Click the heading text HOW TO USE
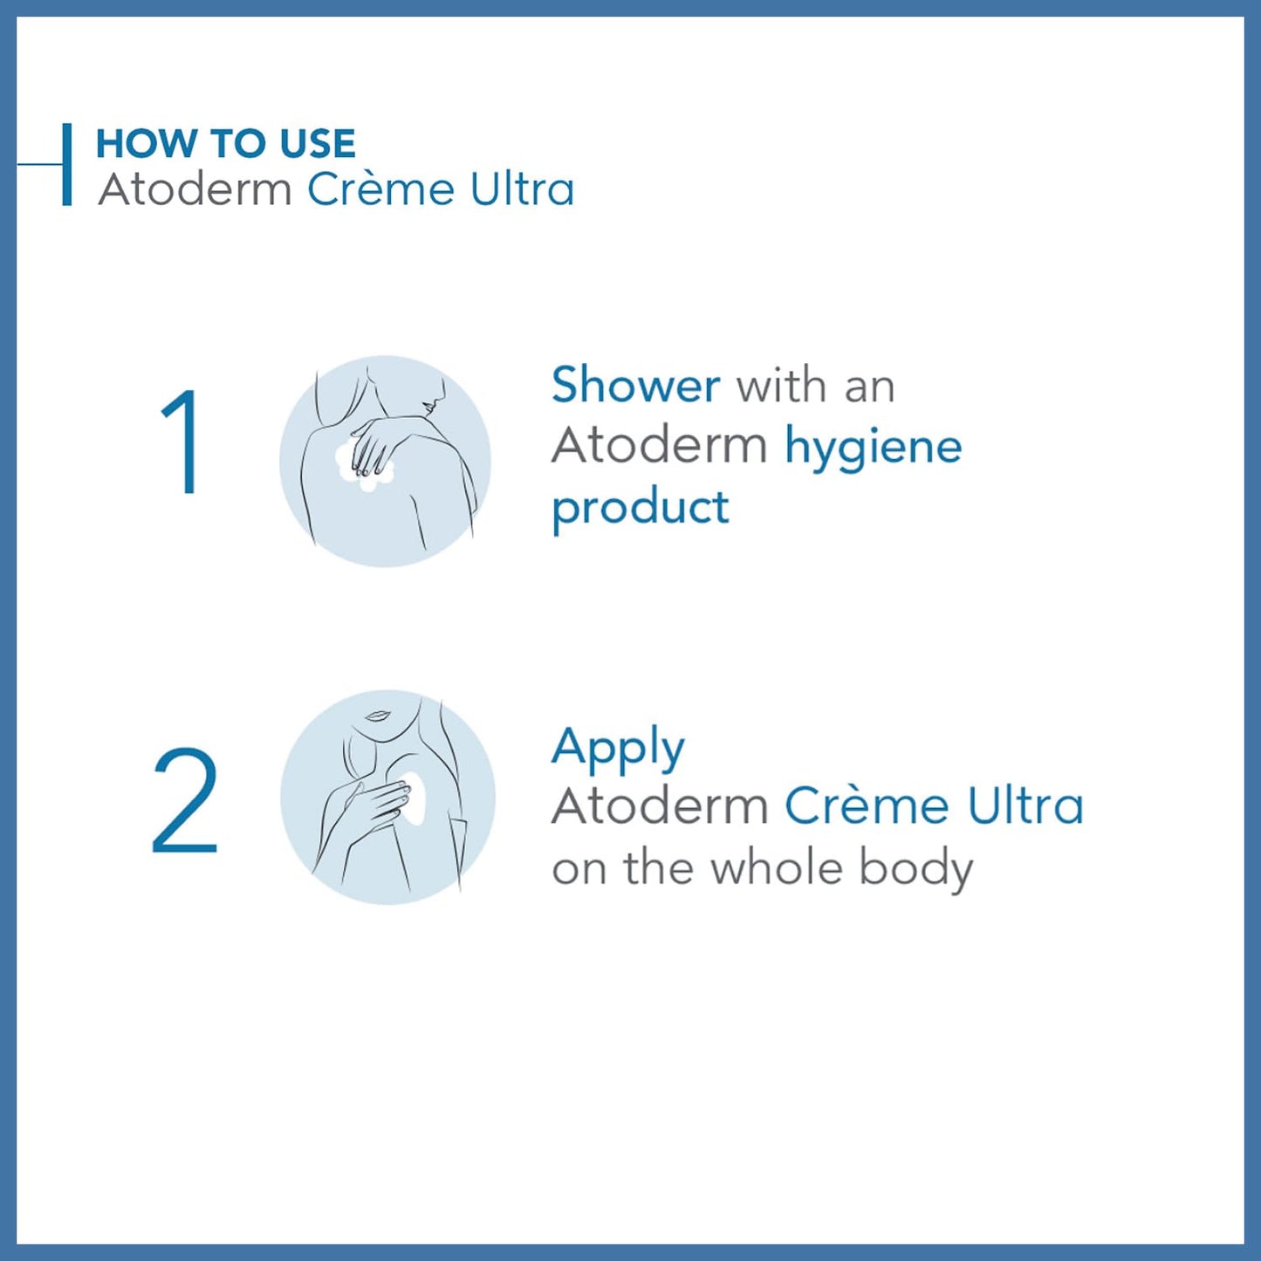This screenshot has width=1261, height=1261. click(x=225, y=144)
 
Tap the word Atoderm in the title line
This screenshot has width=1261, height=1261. click(x=195, y=189)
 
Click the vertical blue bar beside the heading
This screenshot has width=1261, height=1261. click(x=66, y=164)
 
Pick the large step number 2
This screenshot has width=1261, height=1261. click(x=184, y=800)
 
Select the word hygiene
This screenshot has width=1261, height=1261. click(x=873, y=448)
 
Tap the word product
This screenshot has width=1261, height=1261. click(x=640, y=509)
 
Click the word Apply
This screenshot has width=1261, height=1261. click(x=618, y=748)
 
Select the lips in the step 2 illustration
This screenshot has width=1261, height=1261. click(x=377, y=716)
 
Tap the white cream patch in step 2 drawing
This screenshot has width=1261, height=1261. click(x=416, y=798)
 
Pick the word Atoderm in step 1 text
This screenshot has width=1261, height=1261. click(x=659, y=446)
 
